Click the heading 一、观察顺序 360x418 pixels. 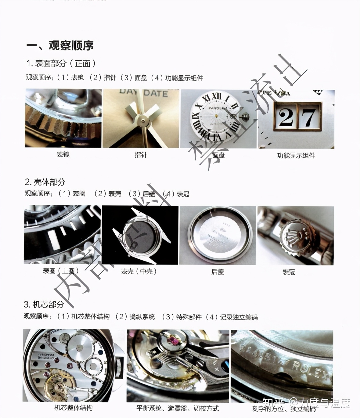[60, 45]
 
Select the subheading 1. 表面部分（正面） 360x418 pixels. [61, 63]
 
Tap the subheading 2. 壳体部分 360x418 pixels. [45, 182]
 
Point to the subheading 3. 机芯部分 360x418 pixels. [44, 304]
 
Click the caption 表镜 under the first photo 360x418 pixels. [63, 154]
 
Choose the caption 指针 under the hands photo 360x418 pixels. [141, 155]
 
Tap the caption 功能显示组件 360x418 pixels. [296, 156]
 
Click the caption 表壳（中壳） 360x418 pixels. [139, 271]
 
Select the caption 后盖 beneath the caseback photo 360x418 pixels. [218, 272]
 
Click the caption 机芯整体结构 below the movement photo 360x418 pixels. [73, 408]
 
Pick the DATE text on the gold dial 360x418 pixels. [156, 93]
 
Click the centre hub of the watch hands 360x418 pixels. [141, 118]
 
